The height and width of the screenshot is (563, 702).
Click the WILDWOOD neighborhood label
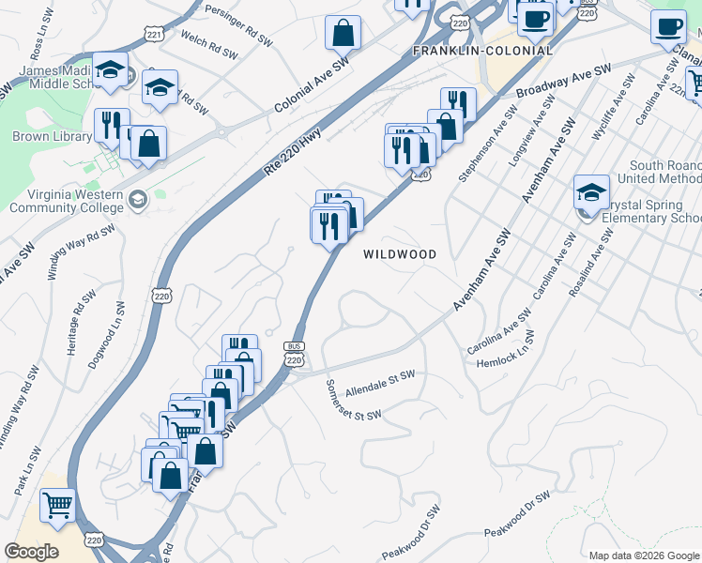pyautogui.click(x=401, y=254)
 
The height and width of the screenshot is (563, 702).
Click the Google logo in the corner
pyautogui.click(x=31, y=551)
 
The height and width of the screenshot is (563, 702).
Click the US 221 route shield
pyautogui.click(x=155, y=35)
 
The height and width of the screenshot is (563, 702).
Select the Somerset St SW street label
pyautogui.click(x=354, y=401)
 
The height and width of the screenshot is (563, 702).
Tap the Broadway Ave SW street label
pyautogui.click(x=563, y=82)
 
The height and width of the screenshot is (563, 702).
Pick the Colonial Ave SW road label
pyautogui.click(x=312, y=85)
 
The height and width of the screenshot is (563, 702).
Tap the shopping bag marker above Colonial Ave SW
pyautogui.click(x=343, y=34)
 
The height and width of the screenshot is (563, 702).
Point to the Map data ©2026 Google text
pyautogui.click(x=644, y=555)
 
